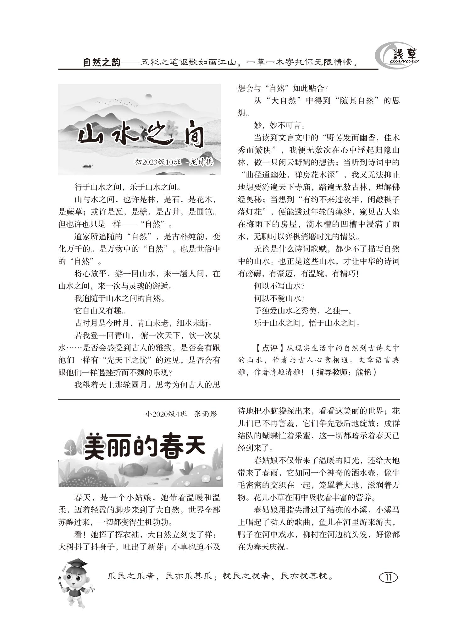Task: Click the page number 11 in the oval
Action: (x=388, y=577)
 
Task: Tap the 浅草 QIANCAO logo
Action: (x=396, y=56)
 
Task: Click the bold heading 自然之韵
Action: (x=102, y=63)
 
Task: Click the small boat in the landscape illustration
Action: (x=87, y=166)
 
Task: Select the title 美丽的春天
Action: (x=145, y=446)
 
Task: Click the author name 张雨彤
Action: (x=206, y=414)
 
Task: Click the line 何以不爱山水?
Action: (x=279, y=298)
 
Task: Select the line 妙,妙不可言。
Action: (x=279, y=126)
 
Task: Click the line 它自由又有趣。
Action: (x=100, y=311)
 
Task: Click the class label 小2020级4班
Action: (x=166, y=414)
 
